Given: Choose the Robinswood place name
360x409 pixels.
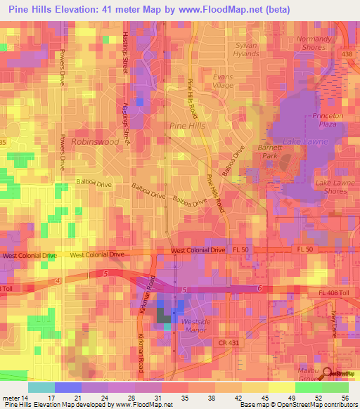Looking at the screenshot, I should tap(94, 141).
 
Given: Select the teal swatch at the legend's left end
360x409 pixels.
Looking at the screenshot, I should tap(41, 387).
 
